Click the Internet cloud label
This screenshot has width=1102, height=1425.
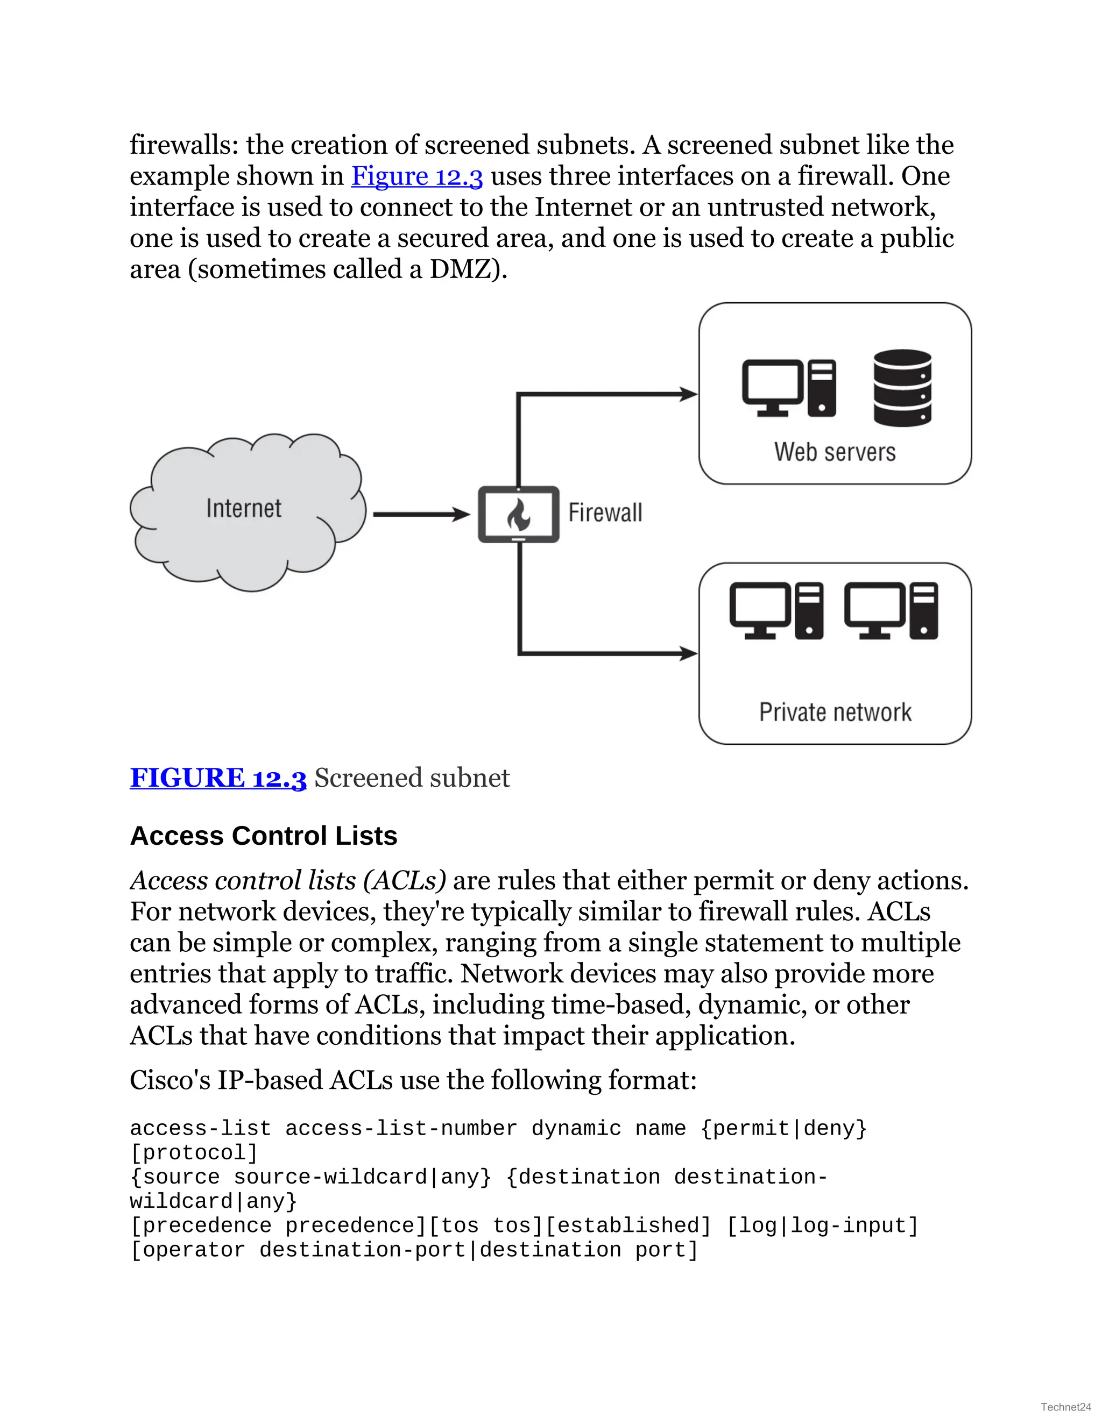click(244, 508)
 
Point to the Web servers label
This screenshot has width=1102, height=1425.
click(835, 452)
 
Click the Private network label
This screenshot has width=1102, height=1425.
click(835, 712)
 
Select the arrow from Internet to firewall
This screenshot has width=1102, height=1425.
click(421, 515)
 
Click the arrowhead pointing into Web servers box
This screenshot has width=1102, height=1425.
click(688, 394)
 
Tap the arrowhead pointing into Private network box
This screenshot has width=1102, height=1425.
click(688, 653)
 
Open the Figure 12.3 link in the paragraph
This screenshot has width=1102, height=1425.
click(416, 176)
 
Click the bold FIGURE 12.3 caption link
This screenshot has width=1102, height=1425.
click(218, 778)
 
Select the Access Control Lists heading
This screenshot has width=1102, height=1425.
click(264, 836)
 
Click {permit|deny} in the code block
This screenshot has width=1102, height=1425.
click(783, 1128)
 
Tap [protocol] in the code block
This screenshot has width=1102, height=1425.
click(194, 1152)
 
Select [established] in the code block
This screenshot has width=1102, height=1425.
click(627, 1225)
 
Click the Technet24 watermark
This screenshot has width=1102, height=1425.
click(1065, 1407)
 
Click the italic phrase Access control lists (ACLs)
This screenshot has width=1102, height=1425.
click(288, 881)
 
